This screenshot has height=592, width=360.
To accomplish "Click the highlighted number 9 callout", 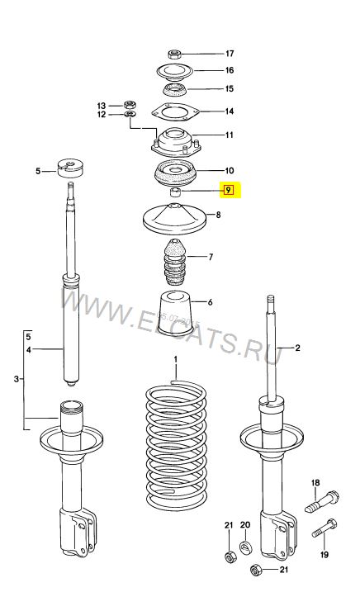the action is click(x=228, y=190).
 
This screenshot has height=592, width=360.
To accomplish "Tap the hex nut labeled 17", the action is click(x=174, y=54).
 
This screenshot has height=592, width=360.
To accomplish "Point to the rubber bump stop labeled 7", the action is click(x=174, y=262).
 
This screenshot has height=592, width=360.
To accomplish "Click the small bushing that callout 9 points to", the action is click(x=175, y=192).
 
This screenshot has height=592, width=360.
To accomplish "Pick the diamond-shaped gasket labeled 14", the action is click(x=174, y=111).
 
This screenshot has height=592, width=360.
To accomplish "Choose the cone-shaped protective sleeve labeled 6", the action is click(x=175, y=313).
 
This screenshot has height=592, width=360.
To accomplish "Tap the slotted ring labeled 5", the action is click(x=71, y=168).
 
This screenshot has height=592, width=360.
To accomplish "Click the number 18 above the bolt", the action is click(x=315, y=482).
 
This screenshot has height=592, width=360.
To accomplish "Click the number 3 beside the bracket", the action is click(x=17, y=378).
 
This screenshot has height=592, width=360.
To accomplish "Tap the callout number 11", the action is click(x=230, y=135).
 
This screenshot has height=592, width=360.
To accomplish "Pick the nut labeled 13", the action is click(x=130, y=105).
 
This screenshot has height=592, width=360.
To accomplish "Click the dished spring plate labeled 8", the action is click(x=174, y=219).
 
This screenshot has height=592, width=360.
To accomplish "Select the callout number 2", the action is click(x=297, y=348).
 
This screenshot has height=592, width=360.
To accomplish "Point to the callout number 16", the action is click(x=230, y=70).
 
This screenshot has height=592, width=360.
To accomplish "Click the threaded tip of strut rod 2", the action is click(x=270, y=301).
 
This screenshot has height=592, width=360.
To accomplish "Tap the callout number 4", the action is click(x=29, y=350).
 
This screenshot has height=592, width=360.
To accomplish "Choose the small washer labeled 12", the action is click(x=130, y=114).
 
